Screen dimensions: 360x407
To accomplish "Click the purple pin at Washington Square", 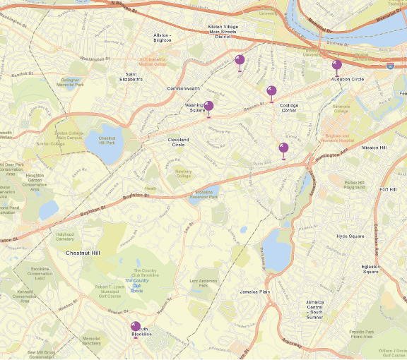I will click(x=208, y=107).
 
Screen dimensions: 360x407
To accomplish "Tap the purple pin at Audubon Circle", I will click(x=337, y=66).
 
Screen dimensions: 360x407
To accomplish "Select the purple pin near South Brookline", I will click(x=136, y=327).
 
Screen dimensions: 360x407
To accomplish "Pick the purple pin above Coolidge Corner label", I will click(x=271, y=91).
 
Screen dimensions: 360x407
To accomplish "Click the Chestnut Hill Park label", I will click(x=107, y=140).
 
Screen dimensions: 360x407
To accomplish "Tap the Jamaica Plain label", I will click(x=255, y=292).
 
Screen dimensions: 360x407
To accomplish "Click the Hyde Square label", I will click(x=350, y=236).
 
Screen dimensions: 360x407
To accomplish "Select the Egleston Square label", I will click(x=371, y=269).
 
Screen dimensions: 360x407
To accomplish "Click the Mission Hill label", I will click(x=374, y=148).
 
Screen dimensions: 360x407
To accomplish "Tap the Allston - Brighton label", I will click(x=163, y=37).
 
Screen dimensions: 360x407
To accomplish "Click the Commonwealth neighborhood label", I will click(x=184, y=89).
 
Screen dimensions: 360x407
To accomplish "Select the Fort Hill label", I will click(x=388, y=189).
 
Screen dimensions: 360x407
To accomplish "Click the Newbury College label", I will click(x=183, y=173).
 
